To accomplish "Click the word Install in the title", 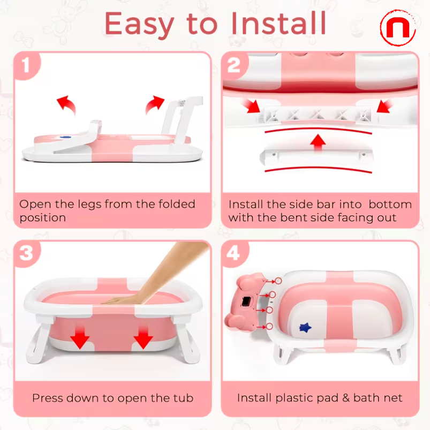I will pos(278,23).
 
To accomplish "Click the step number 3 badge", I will pos(26,254).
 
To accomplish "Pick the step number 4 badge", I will pos(234,254).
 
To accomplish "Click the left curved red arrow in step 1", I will pos(66,103).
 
